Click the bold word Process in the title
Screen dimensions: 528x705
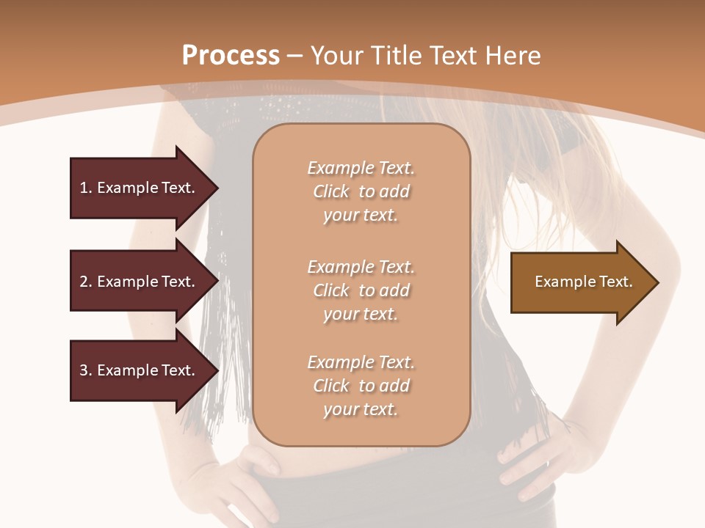click(231, 56)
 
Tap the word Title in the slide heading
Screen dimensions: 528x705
click(395, 56)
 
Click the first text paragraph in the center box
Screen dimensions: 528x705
click(361, 191)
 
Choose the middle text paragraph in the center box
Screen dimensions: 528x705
click(361, 290)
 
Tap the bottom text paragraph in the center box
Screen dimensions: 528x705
click(361, 386)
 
